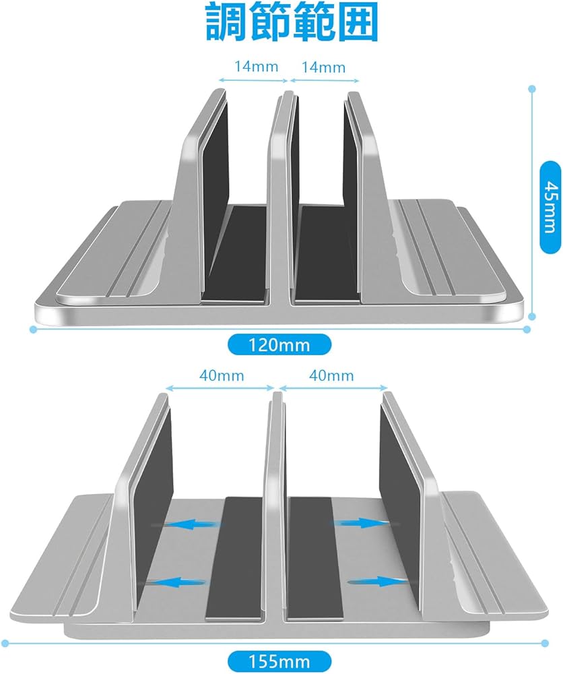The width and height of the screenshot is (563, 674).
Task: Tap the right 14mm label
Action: tap(324, 67)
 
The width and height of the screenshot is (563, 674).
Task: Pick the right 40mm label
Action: tap(331, 375)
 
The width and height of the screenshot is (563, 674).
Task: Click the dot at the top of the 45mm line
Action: tap(532, 88)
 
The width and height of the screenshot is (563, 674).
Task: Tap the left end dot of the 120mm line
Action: tap(32, 329)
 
